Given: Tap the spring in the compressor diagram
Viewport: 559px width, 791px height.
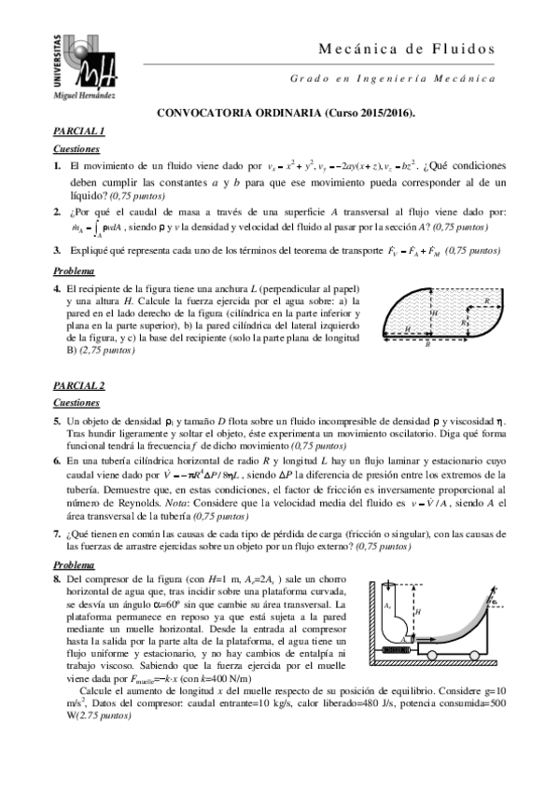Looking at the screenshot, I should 390,645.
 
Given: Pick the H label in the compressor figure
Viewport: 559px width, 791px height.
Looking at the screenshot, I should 418,611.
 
